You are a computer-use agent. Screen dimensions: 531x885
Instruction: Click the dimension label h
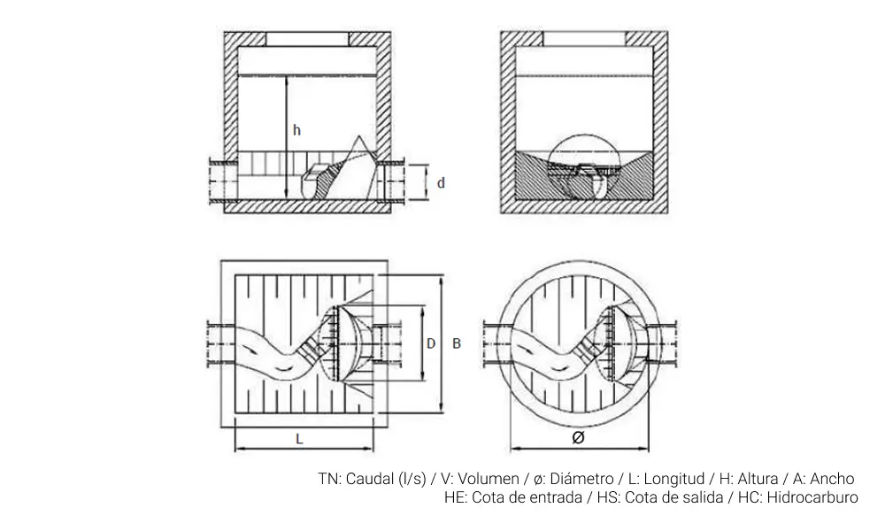(297, 131)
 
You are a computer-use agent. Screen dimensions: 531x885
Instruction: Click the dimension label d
(441, 183)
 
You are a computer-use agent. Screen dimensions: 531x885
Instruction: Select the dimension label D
(431, 343)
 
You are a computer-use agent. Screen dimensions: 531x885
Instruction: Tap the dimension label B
(456, 343)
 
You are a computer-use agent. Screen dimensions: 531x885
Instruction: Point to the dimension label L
(300, 438)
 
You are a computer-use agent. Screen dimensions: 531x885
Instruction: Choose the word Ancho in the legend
(832, 479)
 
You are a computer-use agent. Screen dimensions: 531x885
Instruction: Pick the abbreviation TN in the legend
(328, 479)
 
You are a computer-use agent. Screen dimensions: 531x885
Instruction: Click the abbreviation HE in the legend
(455, 497)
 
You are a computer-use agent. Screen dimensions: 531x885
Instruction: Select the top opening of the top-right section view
(584, 39)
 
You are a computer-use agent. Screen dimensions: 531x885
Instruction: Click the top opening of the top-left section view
(308, 39)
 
